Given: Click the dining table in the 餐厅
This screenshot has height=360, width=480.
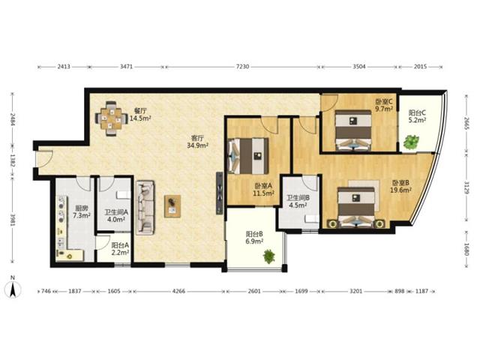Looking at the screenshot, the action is click(x=111, y=118).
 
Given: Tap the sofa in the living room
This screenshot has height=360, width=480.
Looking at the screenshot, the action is click(x=145, y=208).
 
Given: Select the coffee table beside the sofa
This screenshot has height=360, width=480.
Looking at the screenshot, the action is click(x=172, y=206).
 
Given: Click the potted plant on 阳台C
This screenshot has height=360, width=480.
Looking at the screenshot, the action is click(x=410, y=142).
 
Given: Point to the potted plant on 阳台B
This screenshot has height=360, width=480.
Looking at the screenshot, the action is click(x=268, y=256).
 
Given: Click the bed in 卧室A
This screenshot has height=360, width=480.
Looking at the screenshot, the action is click(x=248, y=156).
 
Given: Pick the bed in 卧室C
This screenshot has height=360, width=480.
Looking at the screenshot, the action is click(x=353, y=130).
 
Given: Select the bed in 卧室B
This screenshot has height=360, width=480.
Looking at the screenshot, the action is click(x=356, y=207).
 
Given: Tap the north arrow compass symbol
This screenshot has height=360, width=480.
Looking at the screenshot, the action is click(x=13, y=288).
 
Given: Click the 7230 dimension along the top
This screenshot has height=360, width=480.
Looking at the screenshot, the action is click(x=242, y=67).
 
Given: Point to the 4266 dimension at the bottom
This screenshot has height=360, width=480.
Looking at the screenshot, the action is click(x=178, y=291).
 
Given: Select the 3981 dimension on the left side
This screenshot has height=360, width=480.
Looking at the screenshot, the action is click(x=13, y=220).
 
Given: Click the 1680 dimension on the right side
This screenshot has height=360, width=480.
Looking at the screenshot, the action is click(x=466, y=249).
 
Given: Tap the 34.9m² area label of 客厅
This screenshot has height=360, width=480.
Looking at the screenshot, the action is click(x=198, y=145).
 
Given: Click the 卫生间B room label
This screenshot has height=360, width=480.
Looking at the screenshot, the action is click(x=298, y=198).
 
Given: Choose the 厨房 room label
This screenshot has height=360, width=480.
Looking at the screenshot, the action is click(x=82, y=208).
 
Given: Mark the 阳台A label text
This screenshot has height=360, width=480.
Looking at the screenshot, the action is click(x=120, y=245).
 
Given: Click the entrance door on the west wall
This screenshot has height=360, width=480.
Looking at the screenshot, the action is click(x=43, y=159).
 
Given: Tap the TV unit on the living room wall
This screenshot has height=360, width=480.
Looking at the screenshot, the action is click(x=220, y=193).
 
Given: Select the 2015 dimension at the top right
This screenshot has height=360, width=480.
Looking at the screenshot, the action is click(x=420, y=67).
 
